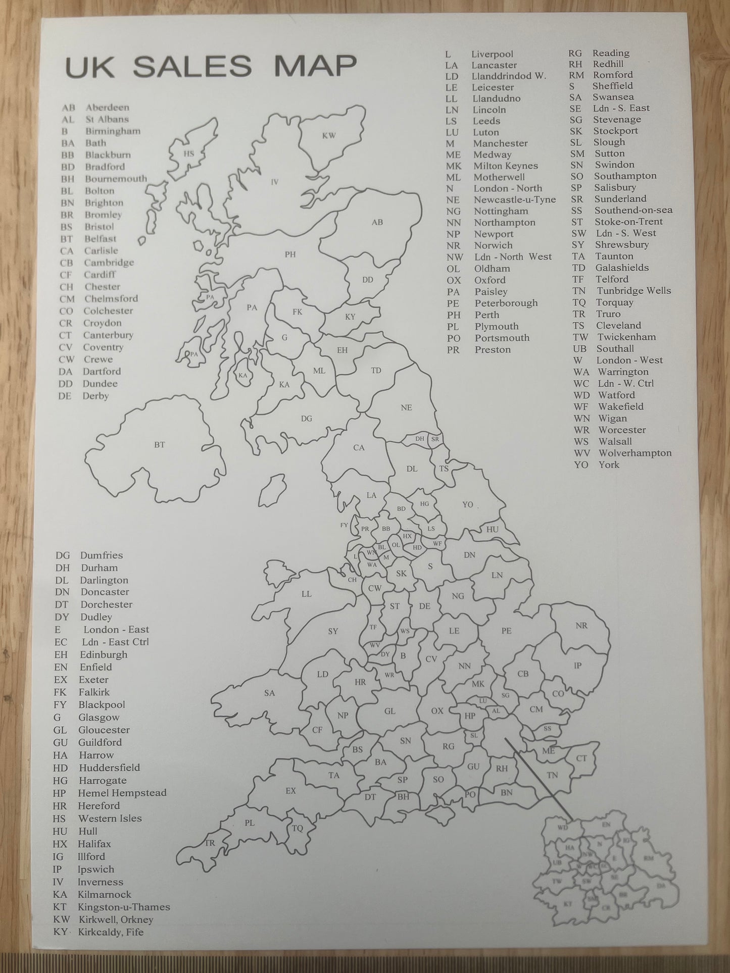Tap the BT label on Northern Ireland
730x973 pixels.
tap(159, 445)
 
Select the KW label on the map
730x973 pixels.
tap(329, 135)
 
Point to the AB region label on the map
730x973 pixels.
tap(377, 222)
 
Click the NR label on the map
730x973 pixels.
tap(581, 626)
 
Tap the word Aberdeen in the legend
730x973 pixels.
tap(107, 108)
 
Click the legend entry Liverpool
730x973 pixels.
tap(492, 54)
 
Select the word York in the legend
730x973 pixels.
tap(609, 465)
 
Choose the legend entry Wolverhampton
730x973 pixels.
tap(635, 453)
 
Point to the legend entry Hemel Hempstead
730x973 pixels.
tap(122, 793)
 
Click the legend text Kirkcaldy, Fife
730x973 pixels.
tap(111, 932)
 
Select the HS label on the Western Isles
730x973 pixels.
tap(188, 153)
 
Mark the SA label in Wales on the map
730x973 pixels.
tap(269, 693)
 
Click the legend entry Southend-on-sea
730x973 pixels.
tap(633, 210)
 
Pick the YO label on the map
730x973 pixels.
tap(468, 504)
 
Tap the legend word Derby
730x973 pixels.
tap(95, 396)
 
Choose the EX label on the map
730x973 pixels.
tap(290, 791)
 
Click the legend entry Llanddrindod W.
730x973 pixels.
tap(509, 76)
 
